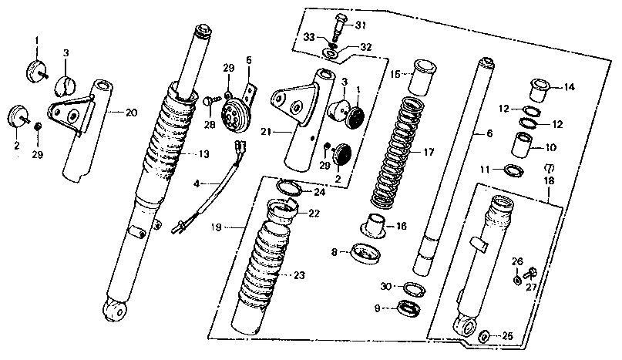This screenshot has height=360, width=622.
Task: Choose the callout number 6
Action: tap(489, 133)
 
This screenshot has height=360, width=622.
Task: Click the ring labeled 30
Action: tap(413, 288)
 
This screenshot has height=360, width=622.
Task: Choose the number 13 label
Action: tap(203, 154)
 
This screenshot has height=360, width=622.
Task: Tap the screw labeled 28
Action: tap(209, 101)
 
